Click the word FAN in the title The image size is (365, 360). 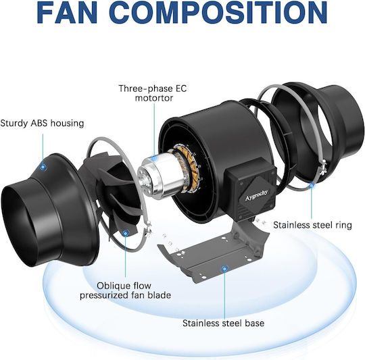click(x=67, y=12)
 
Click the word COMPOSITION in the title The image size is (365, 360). click(x=218, y=12)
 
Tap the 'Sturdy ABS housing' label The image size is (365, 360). click(x=42, y=123)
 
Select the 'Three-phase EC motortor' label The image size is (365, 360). click(x=153, y=93)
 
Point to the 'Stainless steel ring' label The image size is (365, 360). click(x=312, y=225)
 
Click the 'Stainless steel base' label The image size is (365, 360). click(x=223, y=323)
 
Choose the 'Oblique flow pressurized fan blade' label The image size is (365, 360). click(x=125, y=290)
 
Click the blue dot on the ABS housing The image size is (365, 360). click(x=43, y=167)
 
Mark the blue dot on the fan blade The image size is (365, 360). click(x=126, y=233)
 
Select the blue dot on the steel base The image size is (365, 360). click(x=224, y=269)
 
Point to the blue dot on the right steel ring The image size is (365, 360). click(x=312, y=185)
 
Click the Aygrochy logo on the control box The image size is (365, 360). click(x=256, y=195)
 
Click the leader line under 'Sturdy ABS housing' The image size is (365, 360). click(x=43, y=149)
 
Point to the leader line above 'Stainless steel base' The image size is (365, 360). click(x=224, y=295)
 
